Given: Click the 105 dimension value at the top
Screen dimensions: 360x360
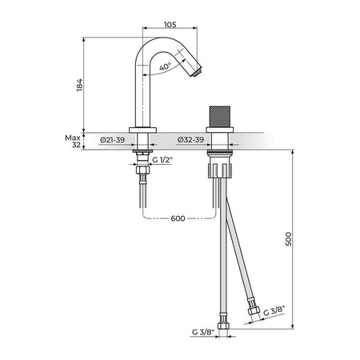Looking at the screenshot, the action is coord(170,25).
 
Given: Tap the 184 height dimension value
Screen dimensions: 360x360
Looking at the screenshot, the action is coord(79,85).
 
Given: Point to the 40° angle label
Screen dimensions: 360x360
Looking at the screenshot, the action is coord(166,66).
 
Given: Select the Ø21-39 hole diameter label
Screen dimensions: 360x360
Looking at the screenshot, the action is coord(112,140).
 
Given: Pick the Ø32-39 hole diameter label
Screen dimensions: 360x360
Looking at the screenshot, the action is coord(190,140).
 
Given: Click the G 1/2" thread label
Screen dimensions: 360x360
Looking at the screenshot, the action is coord(162,160).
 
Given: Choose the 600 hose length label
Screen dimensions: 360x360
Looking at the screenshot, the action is coord(178,218).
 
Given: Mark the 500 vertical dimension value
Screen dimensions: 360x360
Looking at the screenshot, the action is coord(289,239).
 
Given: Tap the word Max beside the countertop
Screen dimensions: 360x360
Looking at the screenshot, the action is coord(73,138).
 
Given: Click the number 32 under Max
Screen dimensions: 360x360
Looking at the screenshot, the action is coord(76,145).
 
